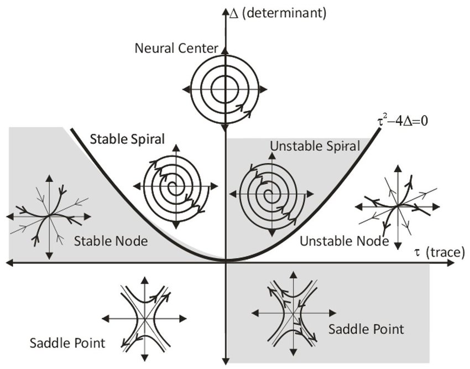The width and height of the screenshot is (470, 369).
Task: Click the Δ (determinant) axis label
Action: (278, 13)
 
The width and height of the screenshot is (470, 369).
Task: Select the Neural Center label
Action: (176, 48)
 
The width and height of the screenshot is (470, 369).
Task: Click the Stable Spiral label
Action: (127, 139)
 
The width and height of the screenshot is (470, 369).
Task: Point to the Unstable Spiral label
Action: (315, 146)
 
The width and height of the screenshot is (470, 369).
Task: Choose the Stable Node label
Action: (111, 241)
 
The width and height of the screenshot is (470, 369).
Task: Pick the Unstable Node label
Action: (344, 241)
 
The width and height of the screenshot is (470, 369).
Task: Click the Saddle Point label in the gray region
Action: (366, 329)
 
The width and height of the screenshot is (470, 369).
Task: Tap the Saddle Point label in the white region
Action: (67, 343)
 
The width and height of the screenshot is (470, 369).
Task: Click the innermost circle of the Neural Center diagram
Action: (225, 89)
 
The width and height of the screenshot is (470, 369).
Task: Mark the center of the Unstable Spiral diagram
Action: (272, 194)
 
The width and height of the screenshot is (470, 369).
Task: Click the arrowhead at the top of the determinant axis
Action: (225, 12)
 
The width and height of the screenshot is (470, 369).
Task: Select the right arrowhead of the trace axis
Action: (451, 263)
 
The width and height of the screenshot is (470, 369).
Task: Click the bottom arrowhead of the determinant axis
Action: (226, 361)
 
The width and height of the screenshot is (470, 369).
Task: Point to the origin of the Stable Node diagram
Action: (49, 216)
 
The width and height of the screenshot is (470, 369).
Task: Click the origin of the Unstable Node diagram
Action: (398, 206)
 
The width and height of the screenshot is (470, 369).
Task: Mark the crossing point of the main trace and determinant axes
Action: (225, 263)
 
